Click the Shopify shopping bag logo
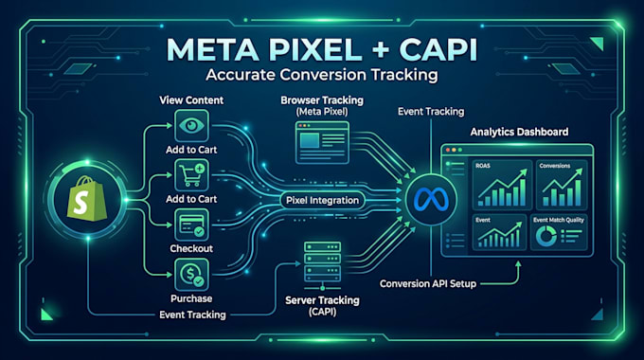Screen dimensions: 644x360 click(x=87, y=199)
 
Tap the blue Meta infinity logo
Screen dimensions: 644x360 click(x=431, y=200)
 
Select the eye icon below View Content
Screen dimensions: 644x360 click(x=191, y=125)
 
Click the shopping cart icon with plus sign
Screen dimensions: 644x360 click(x=191, y=175)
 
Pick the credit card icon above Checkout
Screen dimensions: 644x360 click(x=191, y=225)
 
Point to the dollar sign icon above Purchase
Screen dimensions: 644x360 click(x=191, y=275)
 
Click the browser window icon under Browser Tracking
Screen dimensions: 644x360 click(x=322, y=142)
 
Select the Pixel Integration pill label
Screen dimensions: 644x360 click(x=322, y=200)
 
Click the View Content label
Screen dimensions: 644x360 click(x=191, y=100)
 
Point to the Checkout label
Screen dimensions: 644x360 click(x=191, y=248)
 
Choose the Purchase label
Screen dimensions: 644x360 click(x=191, y=298)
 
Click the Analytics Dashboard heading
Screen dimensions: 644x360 click(x=519, y=132)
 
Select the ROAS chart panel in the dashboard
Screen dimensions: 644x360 click(x=502, y=185)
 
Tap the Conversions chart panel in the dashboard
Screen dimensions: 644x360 click(x=562, y=185)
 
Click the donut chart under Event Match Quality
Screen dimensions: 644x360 click(x=546, y=236)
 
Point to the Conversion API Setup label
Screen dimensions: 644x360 click(x=428, y=283)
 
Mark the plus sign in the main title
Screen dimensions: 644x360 click(x=381, y=49)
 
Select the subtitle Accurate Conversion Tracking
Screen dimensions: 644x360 click(x=322, y=75)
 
